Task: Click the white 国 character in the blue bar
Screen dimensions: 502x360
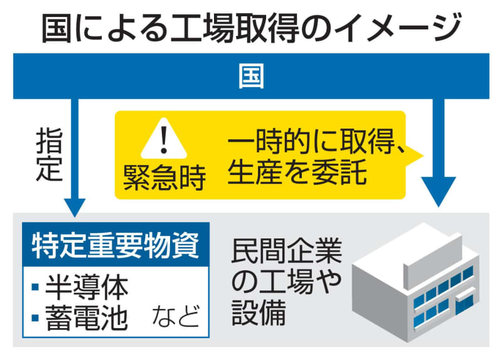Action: tap(252, 76)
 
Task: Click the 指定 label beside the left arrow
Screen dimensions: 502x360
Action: tap(49, 154)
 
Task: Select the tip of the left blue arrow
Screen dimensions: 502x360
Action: tap(75, 217)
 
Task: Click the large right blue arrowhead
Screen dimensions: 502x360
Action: tap(439, 191)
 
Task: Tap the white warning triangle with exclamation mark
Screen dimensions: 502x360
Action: tap(164, 139)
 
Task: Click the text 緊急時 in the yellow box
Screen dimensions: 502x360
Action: tap(164, 178)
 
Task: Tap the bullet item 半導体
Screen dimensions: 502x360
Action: tap(87, 287)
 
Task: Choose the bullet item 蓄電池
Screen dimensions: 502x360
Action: tap(87, 318)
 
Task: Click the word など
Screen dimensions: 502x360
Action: tap(176, 316)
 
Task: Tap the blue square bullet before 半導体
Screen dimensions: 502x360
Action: tap(35, 287)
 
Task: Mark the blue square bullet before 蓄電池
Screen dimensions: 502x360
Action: tap(35, 318)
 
